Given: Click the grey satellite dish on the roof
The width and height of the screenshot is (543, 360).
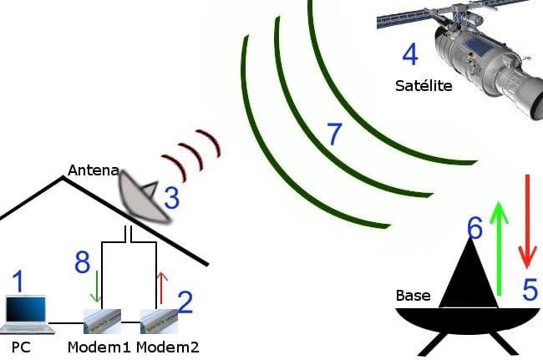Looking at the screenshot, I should (x=142, y=197).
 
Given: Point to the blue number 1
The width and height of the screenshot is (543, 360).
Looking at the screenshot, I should (x=17, y=281).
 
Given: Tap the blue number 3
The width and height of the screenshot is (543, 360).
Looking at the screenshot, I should (x=171, y=198).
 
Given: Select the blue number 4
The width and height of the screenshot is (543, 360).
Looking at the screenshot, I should (x=409, y=55).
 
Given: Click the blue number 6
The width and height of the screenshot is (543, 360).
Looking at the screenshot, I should (x=474, y=226).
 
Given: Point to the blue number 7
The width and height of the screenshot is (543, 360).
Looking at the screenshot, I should (x=334, y=134).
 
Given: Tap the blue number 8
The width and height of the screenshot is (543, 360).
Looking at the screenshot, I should (x=82, y=264).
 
